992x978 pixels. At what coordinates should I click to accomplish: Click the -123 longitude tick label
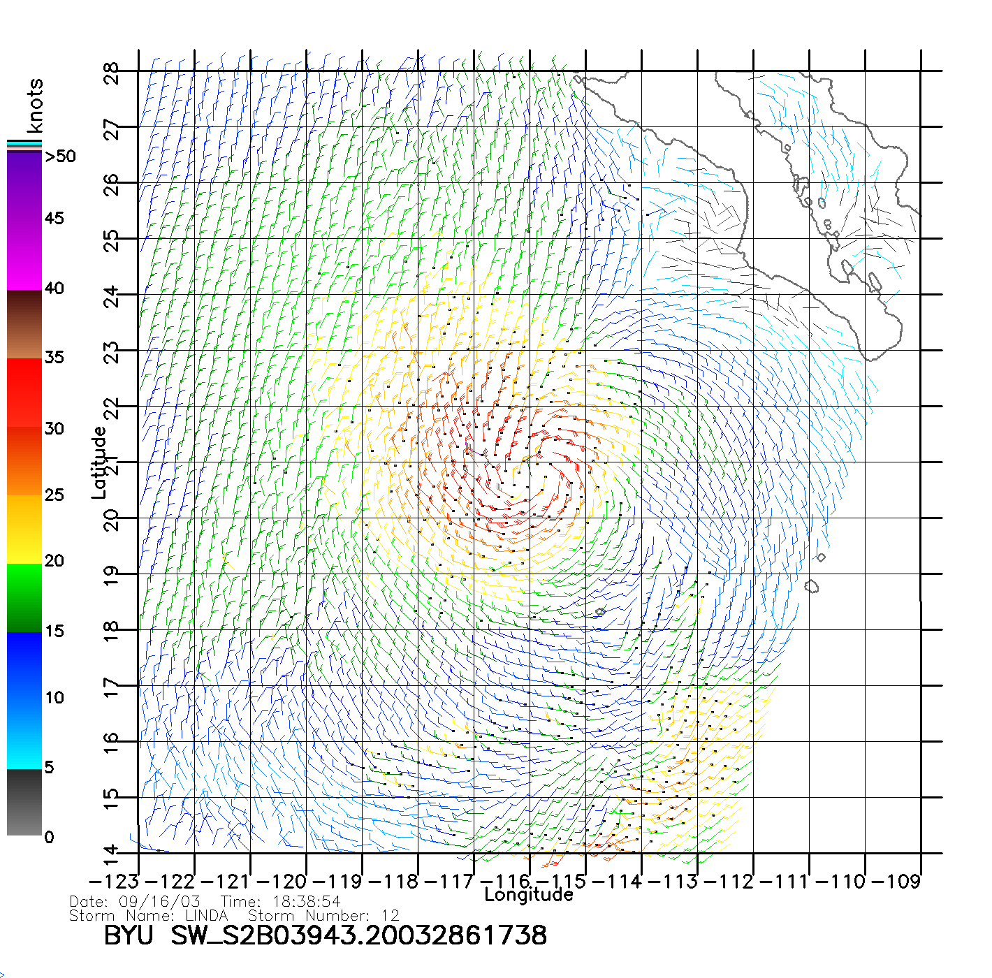(114, 882)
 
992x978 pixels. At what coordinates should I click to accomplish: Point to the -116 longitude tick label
(504, 882)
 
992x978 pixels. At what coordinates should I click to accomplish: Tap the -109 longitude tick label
(896, 882)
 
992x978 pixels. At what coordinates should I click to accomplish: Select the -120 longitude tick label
(282, 882)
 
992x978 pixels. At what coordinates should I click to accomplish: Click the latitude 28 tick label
(112, 73)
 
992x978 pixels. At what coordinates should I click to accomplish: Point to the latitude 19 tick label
(112, 575)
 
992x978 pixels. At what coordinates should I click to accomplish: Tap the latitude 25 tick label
(112, 240)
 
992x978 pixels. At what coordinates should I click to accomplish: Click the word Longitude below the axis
(529, 895)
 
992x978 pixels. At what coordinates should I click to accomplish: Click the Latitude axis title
(99, 462)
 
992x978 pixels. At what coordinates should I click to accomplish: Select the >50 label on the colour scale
(60, 156)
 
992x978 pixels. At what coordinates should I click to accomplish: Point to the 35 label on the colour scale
(54, 358)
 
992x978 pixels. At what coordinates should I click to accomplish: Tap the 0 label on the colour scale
(49, 837)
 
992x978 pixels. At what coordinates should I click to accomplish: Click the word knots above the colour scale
(35, 105)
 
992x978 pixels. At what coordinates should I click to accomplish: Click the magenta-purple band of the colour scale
(24, 220)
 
